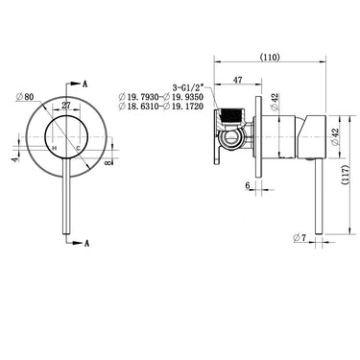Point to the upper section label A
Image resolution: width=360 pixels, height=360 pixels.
[x=86, y=84]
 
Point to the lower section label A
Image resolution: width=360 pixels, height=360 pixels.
[x=86, y=246]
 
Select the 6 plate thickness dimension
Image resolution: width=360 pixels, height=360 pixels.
[x=248, y=184]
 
